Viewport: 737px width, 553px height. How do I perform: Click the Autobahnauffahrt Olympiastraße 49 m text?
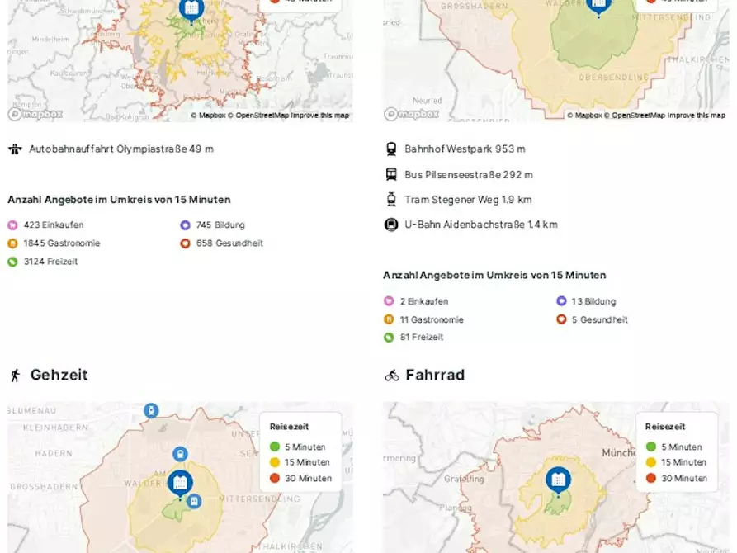coord(121,149)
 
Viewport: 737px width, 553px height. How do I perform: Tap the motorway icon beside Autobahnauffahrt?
coord(15,149)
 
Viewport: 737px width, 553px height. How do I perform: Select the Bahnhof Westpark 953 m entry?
coord(465,149)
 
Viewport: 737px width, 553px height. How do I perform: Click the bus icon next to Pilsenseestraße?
coord(391,175)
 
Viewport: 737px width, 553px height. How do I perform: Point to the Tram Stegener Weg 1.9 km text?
coord(468,200)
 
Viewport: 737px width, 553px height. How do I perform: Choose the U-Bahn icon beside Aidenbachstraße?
coord(391,225)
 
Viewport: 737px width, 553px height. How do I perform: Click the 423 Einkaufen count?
coord(54,225)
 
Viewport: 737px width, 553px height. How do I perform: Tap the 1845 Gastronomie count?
coord(62,243)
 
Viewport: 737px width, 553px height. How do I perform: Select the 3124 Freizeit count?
coord(51,262)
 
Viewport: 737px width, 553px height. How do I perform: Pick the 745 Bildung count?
coord(220,225)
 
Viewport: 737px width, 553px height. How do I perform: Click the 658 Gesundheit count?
coord(229,243)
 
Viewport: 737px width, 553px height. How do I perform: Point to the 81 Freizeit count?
coord(422,338)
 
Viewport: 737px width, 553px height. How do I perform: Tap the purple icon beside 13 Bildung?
coord(561,301)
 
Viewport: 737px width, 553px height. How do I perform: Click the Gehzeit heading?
coord(59,375)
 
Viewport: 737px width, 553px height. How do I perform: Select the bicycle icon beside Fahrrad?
coord(392,376)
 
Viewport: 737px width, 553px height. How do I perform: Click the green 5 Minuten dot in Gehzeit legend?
coord(275,447)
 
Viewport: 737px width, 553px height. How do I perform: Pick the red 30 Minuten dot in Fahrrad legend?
coord(650,479)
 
